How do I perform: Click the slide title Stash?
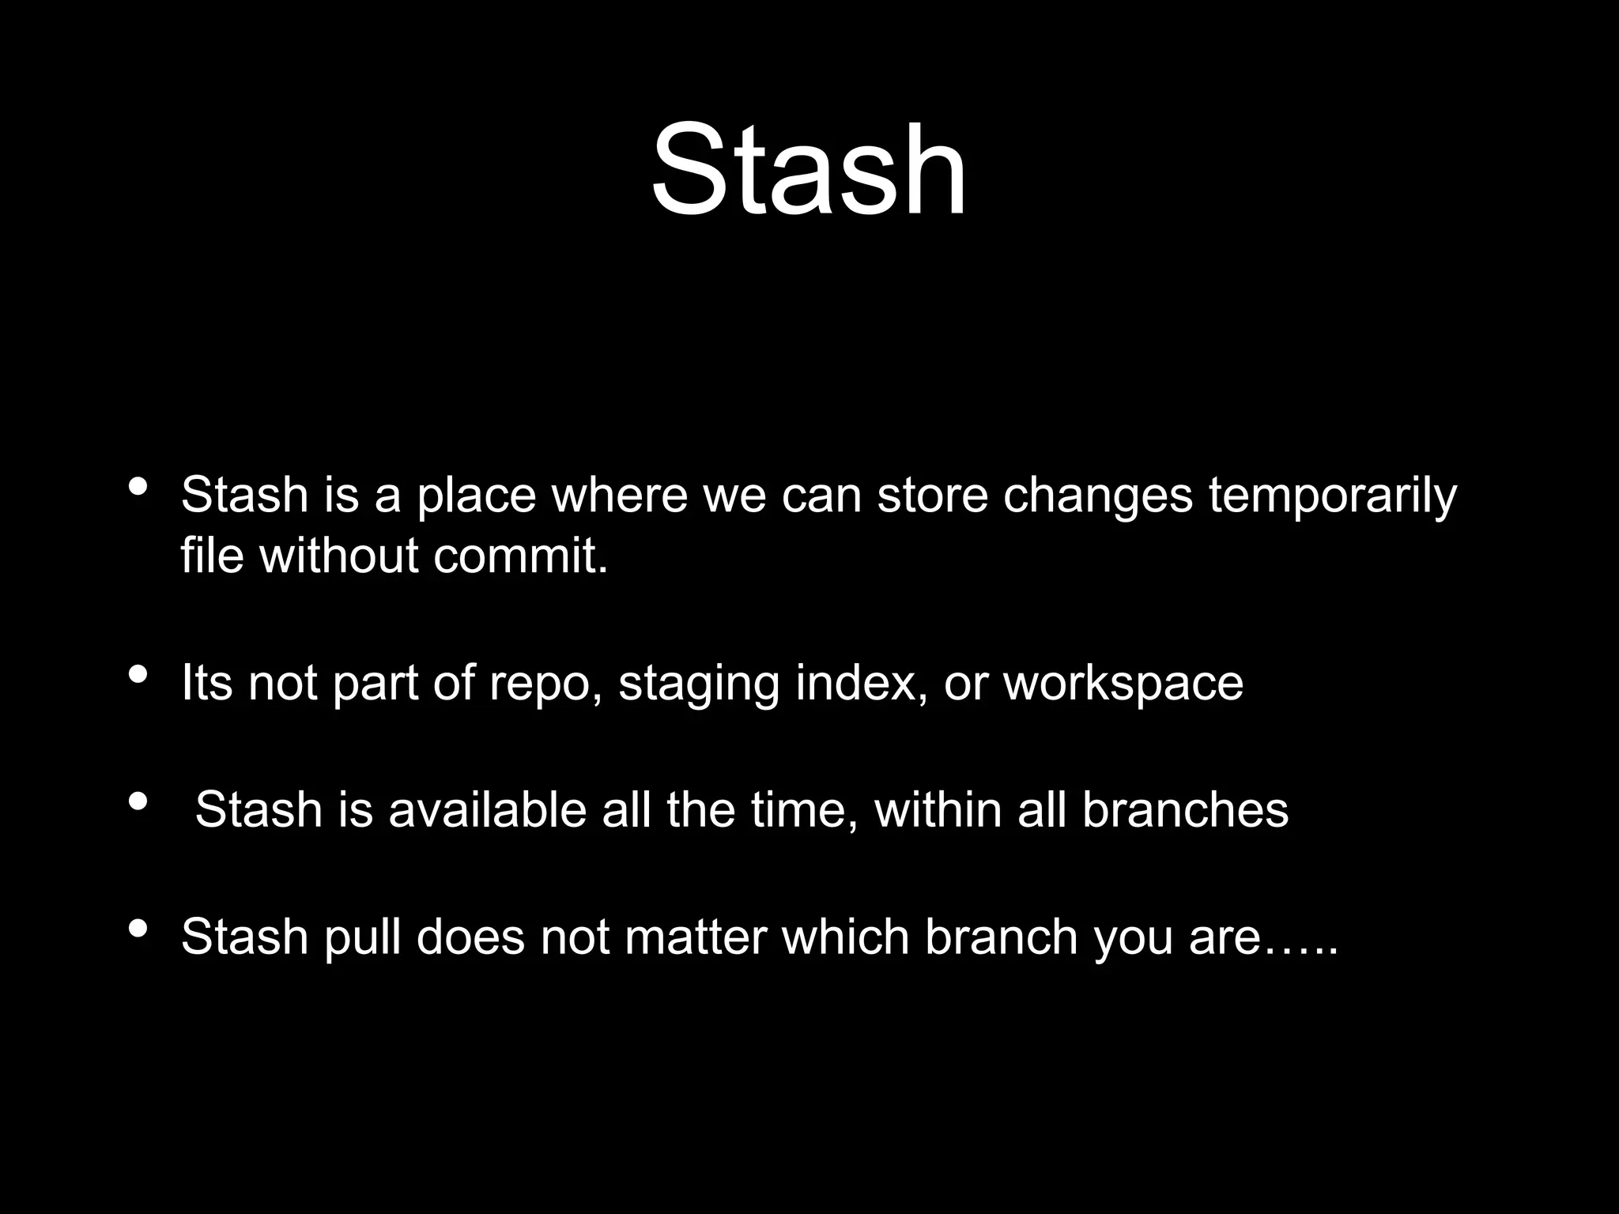pyautogui.click(x=809, y=170)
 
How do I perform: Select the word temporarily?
pyautogui.click(x=1332, y=496)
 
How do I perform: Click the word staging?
pyautogui.click(x=699, y=684)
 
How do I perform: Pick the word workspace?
pyautogui.click(x=1123, y=684)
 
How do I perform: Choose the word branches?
pyautogui.click(x=1185, y=810)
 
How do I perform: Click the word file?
pyautogui.click(x=211, y=556)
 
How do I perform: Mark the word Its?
pyautogui.click(x=206, y=683)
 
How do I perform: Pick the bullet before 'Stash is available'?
pyautogui.click(x=138, y=801)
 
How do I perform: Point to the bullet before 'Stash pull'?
pyautogui.click(x=138, y=929)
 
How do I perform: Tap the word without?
pyautogui.click(x=338, y=556)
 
